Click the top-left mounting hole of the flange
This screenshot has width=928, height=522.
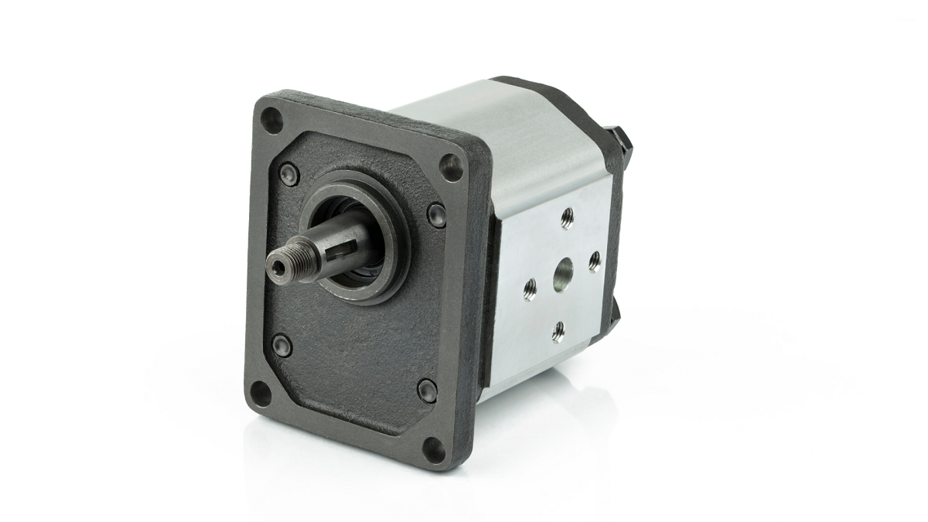point(271,119)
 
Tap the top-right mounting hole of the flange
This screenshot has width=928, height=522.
point(450,166)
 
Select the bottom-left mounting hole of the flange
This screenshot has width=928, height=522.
point(261,392)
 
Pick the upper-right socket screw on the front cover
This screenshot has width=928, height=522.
point(436,214)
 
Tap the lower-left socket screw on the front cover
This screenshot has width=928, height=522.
point(282,344)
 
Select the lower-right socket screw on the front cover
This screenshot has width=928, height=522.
point(427,390)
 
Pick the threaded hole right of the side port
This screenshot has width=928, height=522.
point(594,261)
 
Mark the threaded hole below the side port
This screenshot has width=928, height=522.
point(558,333)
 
